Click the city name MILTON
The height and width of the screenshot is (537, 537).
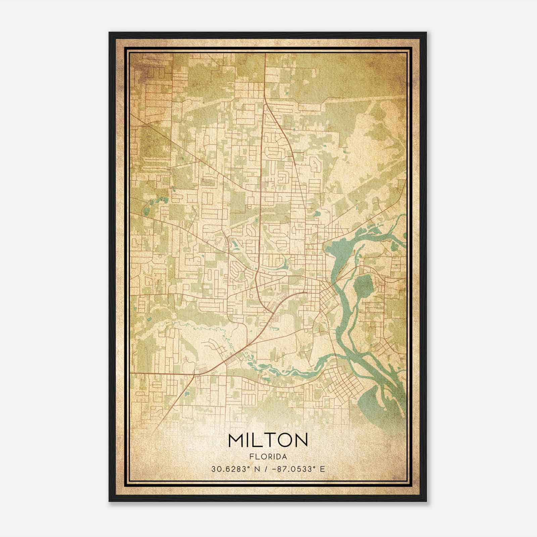pos(268,440)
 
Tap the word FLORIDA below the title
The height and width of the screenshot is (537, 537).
pos(268,457)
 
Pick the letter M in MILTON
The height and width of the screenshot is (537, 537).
pos(236,440)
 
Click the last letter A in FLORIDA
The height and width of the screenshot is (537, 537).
pos(285,457)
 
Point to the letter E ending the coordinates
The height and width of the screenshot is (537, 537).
pos(323,469)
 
